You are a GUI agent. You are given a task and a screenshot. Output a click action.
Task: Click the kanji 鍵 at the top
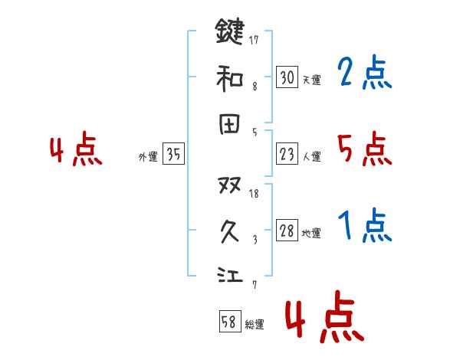[230, 33]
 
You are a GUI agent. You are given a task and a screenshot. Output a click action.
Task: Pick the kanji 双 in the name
[230, 185]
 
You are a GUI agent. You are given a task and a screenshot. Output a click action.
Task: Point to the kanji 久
[230, 230]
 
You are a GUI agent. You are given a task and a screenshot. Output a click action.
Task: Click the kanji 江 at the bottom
[230, 274]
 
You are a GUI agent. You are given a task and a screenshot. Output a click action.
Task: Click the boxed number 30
[287, 77]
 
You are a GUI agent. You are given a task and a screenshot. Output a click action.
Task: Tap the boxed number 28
[287, 231]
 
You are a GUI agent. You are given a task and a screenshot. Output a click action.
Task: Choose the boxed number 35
[173, 155]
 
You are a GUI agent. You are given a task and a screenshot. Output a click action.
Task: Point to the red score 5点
[364, 149]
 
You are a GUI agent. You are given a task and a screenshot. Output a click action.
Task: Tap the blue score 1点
[364, 226]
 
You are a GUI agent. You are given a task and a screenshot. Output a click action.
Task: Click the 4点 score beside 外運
[75, 151]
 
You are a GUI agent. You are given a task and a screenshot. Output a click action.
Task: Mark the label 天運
[310, 80]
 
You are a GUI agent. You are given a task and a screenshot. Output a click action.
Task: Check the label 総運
[255, 325]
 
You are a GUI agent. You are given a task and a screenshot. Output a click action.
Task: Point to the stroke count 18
[255, 193]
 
